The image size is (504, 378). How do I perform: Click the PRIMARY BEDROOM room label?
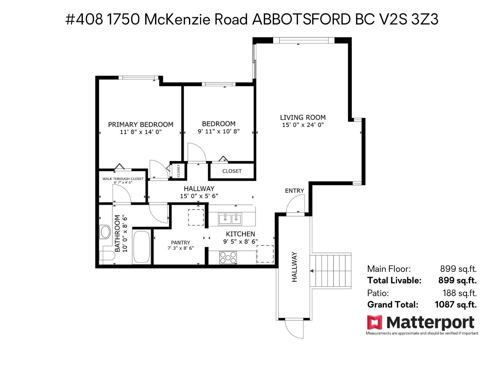[x=140, y=124]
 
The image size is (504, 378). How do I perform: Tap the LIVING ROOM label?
[x=303, y=117]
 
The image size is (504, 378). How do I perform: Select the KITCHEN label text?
[x=240, y=234]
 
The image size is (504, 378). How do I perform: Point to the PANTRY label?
[x=180, y=243]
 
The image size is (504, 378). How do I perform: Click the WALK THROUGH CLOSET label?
[x=123, y=179]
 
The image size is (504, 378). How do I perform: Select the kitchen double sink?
[x=230, y=219]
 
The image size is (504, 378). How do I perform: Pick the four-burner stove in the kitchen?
[x=228, y=257]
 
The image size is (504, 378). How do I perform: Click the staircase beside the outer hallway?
[x=331, y=270]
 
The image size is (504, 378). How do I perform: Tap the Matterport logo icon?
[x=375, y=323]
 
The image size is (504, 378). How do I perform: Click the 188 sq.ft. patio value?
[x=459, y=293]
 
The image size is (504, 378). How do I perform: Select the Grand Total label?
[x=392, y=305]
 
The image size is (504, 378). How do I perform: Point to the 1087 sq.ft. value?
[x=455, y=305]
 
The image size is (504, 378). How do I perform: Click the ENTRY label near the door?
[x=294, y=191]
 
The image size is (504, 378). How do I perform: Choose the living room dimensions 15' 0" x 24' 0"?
[x=303, y=125]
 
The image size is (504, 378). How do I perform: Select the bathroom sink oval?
[x=105, y=232]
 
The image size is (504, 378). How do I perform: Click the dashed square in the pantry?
[x=196, y=217]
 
